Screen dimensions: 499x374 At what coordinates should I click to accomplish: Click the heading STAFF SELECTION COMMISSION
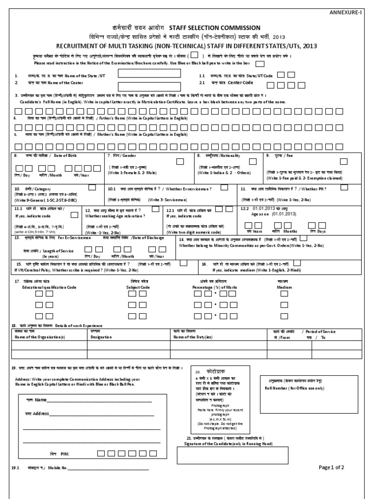coord(214,28)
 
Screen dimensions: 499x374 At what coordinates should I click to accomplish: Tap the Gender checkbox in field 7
coord(180,161)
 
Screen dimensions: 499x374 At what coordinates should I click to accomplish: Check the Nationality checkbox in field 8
coord(253,161)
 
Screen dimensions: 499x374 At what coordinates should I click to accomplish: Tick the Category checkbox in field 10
coord(92,187)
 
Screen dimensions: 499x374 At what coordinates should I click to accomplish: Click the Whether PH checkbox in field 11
coord(343,188)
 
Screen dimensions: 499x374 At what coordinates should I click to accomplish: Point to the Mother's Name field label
coord(102,134)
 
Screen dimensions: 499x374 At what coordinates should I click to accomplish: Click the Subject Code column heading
coord(138,288)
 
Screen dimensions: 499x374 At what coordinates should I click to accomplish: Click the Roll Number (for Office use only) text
coord(300,388)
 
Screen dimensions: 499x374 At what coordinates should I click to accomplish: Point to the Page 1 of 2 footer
coord(332,467)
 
